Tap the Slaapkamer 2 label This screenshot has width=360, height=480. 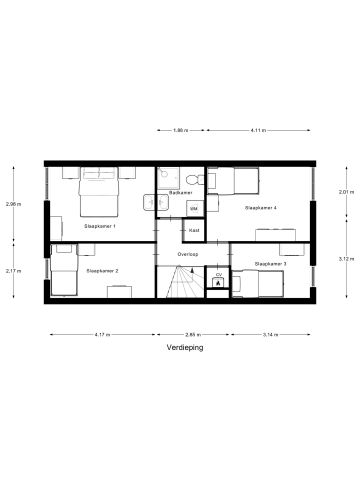pyautogui.click(x=102, y=271)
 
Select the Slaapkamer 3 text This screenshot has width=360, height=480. pyautogui.click(x=270, y=263)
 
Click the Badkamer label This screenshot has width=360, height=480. pyautogui.click(x=181, y=192)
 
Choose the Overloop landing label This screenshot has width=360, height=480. pyautogui.click(x=188, y=254)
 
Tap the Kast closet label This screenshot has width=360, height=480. pyautogui.click(x=194, y=230)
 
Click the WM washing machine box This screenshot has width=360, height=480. pyautogui.click(x=194, y=208)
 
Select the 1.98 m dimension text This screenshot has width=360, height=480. pyautogui.click(x=180, y=131)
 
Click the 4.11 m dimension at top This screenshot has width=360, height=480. pyautogui.click(x=258, y=131)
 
